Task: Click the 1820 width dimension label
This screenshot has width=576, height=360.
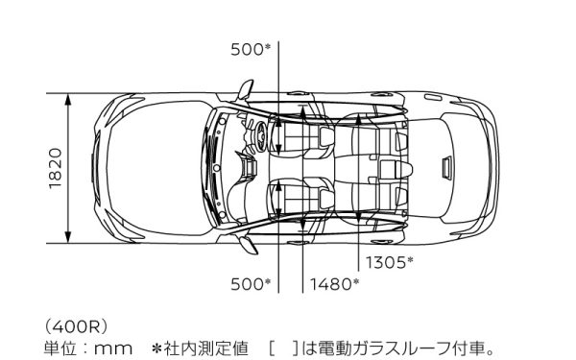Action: pos(55,169)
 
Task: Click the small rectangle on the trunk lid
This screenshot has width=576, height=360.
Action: pos(445,167)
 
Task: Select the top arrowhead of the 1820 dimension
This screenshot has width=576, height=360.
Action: pos(70,99)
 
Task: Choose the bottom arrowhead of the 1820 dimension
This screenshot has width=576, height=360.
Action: pos(70,239)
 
